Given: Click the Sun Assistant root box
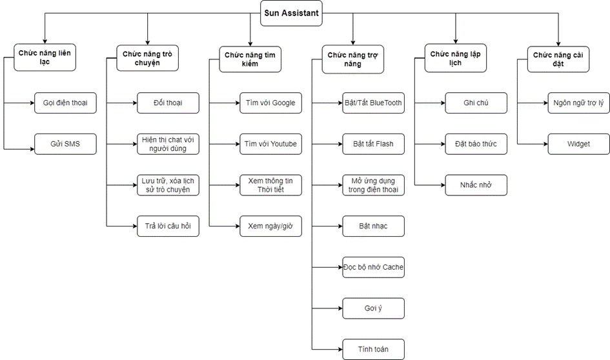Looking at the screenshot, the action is pos(291,13).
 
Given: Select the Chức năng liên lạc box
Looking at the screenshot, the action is pos(45,57).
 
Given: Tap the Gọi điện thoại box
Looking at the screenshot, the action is pos(65,103).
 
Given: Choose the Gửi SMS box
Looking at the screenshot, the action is pos(65,145).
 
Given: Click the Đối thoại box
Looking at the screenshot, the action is pos(168,103).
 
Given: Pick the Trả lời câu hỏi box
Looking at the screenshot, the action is pos(168,226).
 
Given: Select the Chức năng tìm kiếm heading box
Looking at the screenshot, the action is pos(250,59).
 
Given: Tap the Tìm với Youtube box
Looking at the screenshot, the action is pos(270,145).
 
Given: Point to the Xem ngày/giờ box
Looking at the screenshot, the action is pos(270,226).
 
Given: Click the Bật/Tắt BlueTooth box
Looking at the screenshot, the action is pos(374,103).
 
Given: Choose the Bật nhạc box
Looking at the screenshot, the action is pos(374,226).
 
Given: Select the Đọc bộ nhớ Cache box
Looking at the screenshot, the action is pos(374,268).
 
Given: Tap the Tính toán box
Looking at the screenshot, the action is pos(374,350).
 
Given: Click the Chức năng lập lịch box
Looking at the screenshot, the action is pos(456,58).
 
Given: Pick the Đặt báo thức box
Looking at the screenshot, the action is pos(476,145).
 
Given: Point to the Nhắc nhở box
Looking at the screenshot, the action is pos(476,185).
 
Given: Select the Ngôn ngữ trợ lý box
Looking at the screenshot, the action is pos(579,103).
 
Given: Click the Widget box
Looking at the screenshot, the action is pos(579,145).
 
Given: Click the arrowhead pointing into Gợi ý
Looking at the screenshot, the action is pos(340,308).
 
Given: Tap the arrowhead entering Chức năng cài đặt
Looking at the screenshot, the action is pos(558,44).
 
